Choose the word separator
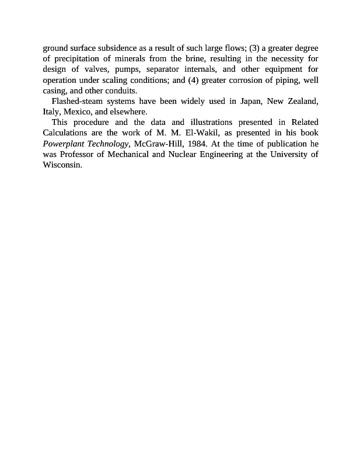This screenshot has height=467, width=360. pyautogui.click(x=166, y=69)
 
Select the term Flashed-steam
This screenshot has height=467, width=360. pyautogui.click(x=77, y=101)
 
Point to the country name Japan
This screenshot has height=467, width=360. pyautogui.click(x=250, y=101)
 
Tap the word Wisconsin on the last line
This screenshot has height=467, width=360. pyautogui.click(x=62, y=165)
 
